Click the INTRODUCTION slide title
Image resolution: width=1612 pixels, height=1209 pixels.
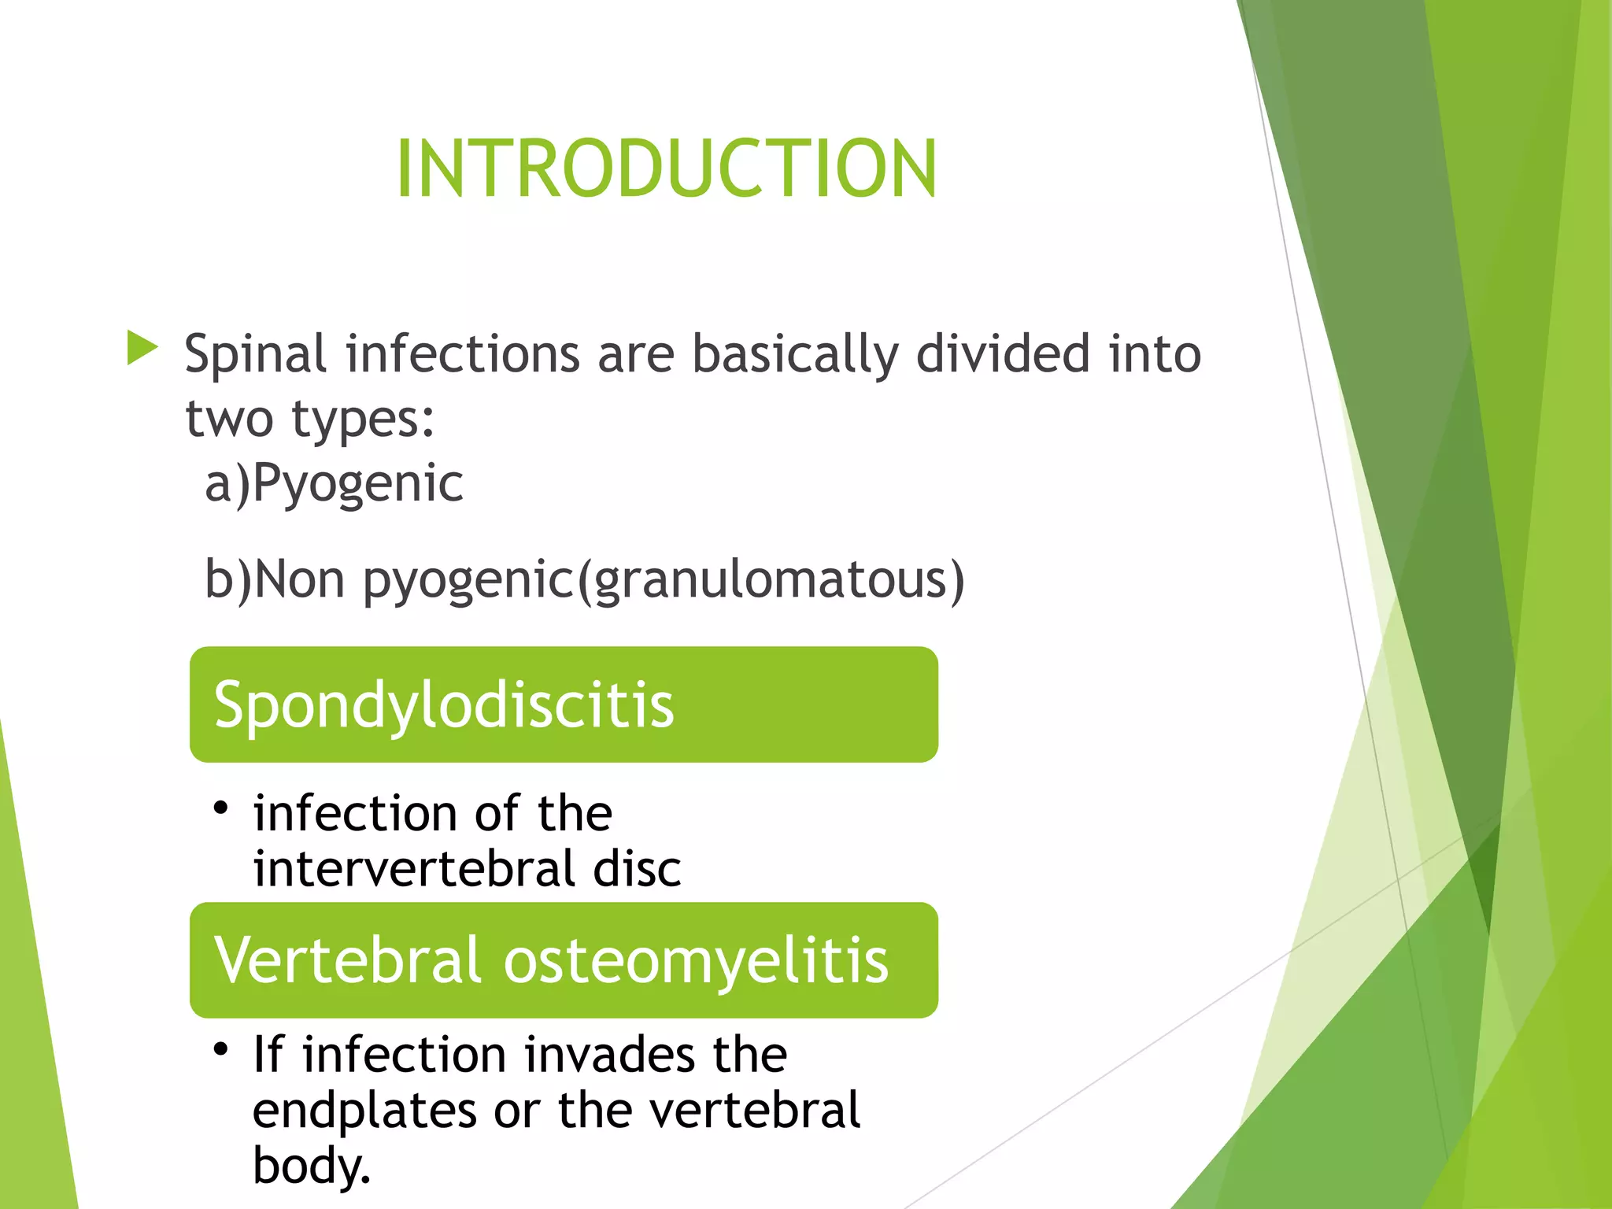(x=666, y=168)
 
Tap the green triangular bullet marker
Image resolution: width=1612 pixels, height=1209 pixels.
(x=142, y=348)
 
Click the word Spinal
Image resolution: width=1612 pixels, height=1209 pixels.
(x=255, y=354)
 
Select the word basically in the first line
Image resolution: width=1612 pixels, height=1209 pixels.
(x=794, y=354)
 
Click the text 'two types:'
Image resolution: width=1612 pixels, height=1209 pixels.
(x=309, y=419)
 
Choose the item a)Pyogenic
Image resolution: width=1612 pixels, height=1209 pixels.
(x=334, y=483)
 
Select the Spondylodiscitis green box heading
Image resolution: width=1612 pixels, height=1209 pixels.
(x=564, y=704)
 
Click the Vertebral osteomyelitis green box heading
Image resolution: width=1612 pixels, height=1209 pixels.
(x=564, y=960)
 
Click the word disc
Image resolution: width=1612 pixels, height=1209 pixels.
(x=637, y=869)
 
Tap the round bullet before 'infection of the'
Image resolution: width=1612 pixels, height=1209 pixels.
(x=221, y=808)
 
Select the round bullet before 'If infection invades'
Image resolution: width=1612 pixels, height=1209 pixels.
(x=221, y=1049)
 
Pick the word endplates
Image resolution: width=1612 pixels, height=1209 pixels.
(x=364, y=1111)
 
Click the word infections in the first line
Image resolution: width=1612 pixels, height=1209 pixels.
(x=463, y=354)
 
